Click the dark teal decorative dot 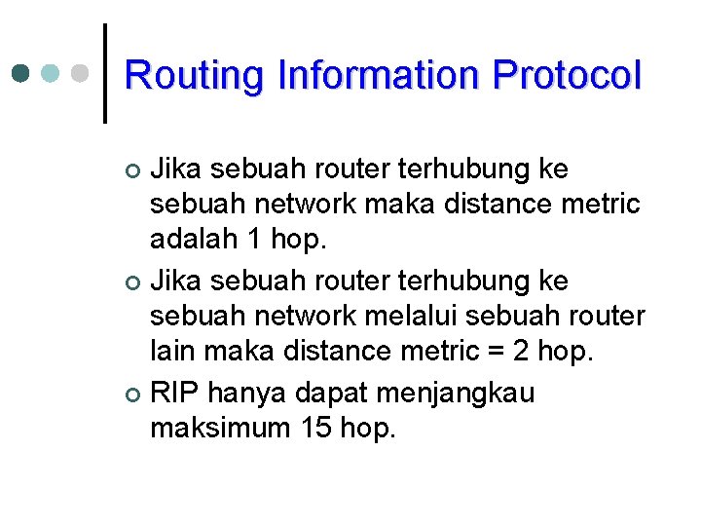[21, 73]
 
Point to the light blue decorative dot [51, 73]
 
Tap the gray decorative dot [80, 73]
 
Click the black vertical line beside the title [104, 73]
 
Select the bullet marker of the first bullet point [134, 171]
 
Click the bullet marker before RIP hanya [134, 395]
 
